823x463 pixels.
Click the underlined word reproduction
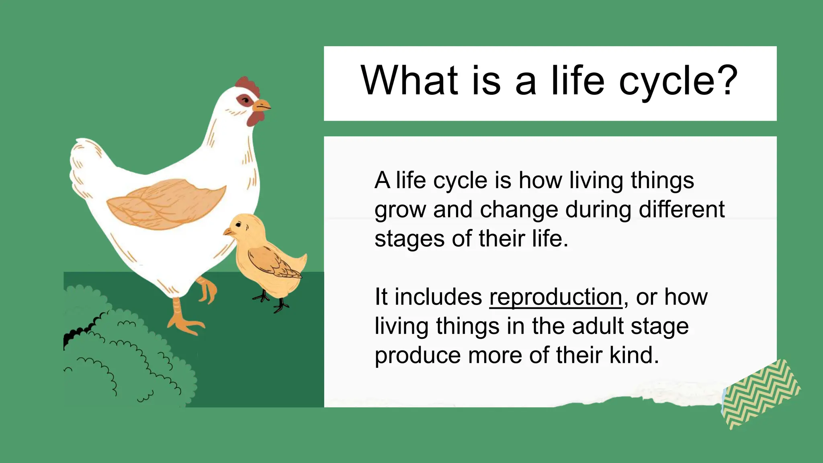[x=555, y=297]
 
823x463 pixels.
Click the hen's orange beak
[x=261, y=106]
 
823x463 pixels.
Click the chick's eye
[x=239, y=225]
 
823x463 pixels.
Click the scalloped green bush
[x=125, y=354]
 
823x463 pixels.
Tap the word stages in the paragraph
[x=410, y=239]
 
